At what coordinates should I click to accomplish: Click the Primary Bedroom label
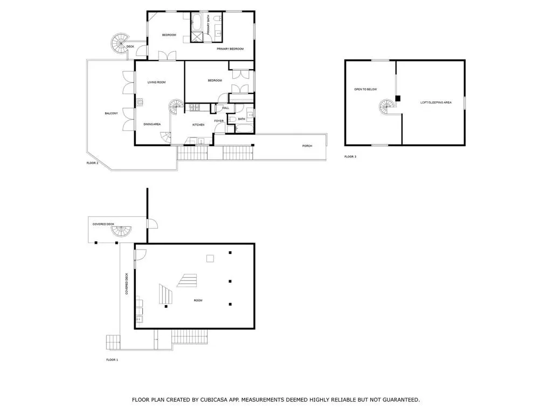tap(230, 49)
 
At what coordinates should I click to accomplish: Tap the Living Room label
tap(157, 82)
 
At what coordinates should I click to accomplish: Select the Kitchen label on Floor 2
tap(198, 125)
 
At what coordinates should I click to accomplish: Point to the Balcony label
tap(111, 113)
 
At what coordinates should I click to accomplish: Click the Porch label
tap(307, 146)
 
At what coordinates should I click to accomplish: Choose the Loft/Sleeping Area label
tap(436, 102)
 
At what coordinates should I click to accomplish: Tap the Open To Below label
tap(365, 89)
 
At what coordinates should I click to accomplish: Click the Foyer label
tap(219, 121)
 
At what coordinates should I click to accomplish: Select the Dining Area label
tap(152, 125)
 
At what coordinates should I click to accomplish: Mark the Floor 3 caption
tap(350, 157)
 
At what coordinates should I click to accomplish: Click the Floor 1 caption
tap(112, 359)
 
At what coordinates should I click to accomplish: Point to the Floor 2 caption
tap(93, 163)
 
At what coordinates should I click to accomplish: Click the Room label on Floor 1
tap(198, 300)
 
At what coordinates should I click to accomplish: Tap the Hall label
tap(225, 108)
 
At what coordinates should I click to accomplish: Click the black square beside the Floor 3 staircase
tap(398, 98)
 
